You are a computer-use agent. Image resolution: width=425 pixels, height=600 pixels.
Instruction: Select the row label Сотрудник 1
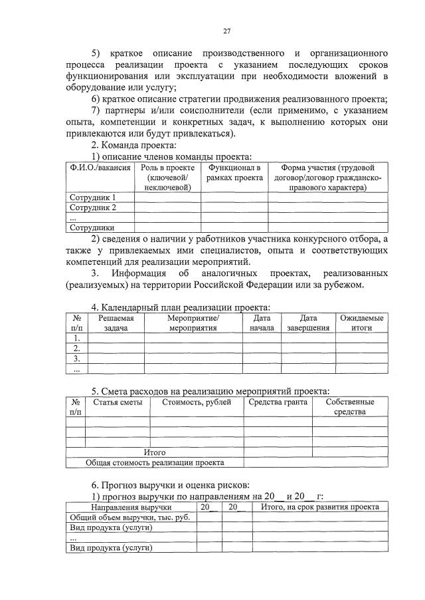[93, 198]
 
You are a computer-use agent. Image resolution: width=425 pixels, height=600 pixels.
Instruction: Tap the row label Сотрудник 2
[93, 208]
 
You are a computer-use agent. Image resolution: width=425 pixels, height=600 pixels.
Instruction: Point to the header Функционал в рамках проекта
[234, 173]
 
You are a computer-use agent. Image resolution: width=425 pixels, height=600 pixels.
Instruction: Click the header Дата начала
[258, 323]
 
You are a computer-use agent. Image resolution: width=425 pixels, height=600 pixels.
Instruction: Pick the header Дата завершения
[308, 323]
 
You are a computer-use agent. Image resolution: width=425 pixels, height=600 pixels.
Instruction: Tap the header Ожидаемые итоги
[361, 323]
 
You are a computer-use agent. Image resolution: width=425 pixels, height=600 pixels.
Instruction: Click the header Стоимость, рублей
[197, 402]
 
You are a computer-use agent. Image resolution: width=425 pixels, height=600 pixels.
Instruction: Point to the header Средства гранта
[278, 402]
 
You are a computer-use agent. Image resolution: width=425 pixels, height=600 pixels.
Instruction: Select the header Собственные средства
[349, 407]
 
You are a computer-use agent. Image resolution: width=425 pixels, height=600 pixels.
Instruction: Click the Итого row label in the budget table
[154, 452]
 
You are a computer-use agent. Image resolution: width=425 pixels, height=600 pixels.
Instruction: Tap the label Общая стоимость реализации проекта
[154, 462]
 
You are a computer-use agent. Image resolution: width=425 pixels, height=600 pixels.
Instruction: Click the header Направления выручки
[130, 508]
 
